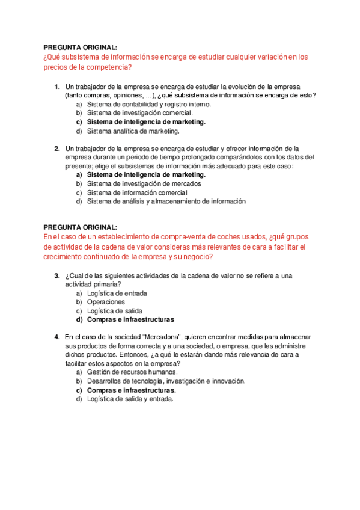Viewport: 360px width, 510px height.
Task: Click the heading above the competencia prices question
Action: (81, 47)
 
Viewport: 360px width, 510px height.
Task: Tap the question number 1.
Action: (56, 86)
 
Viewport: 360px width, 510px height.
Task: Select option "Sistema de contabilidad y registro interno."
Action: (148, 104)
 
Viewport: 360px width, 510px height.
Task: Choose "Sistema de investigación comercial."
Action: (139, 112)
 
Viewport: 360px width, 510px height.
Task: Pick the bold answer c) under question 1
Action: (146, 121)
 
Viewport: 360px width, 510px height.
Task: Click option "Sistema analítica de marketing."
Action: (133, 131)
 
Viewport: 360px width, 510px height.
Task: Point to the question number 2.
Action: (56, 148)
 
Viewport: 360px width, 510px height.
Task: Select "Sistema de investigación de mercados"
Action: (144, 183)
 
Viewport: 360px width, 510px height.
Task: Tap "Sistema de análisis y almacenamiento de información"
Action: (166, 201)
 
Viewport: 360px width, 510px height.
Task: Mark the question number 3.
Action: (56, 275)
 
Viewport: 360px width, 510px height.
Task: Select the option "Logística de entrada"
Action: (117, 293)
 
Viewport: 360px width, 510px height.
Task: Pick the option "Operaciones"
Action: (106, 302)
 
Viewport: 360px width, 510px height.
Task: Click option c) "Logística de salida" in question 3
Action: (114, 311)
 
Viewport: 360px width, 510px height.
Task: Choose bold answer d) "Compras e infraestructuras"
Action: (130, 320)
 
